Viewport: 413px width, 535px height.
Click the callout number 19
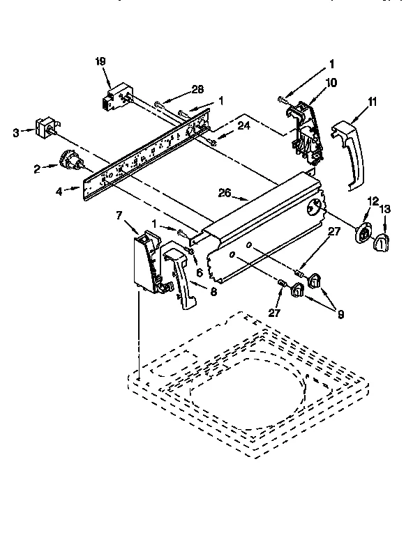click(x=100, y=61)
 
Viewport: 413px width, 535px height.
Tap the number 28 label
click(x=197, y=89)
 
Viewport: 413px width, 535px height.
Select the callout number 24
click(x=243, y=125)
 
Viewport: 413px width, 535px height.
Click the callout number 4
click(x=61, y=190)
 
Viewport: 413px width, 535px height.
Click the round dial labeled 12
click(x=363, y=233)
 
